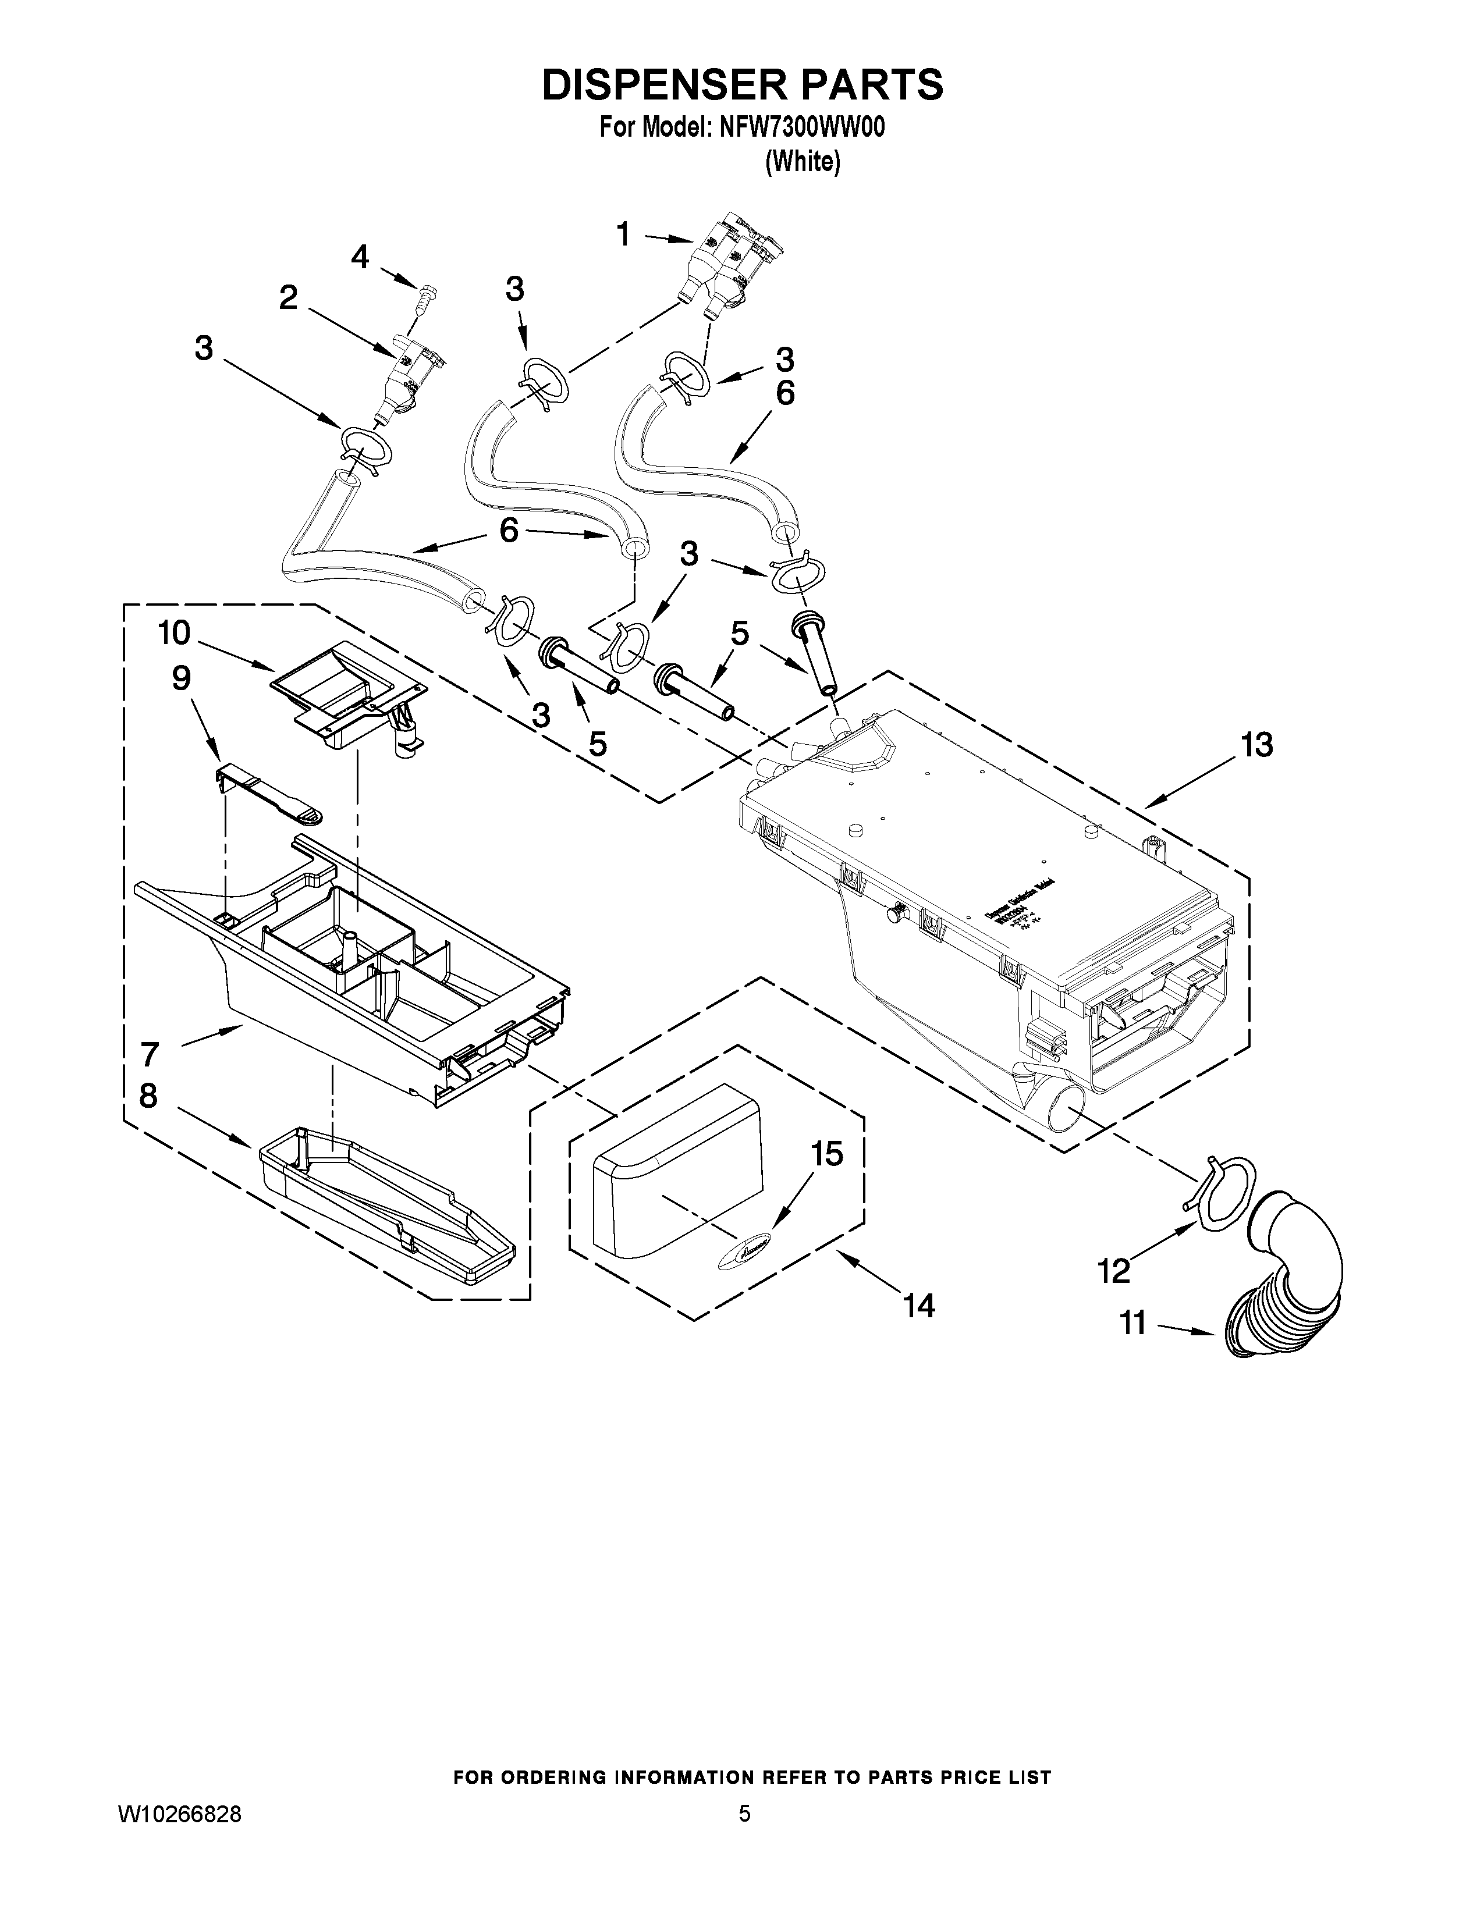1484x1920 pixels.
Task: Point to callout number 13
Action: (1256, 745)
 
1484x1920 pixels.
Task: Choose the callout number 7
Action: (150, 1053)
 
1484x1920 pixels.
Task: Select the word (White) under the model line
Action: (803, 162)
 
